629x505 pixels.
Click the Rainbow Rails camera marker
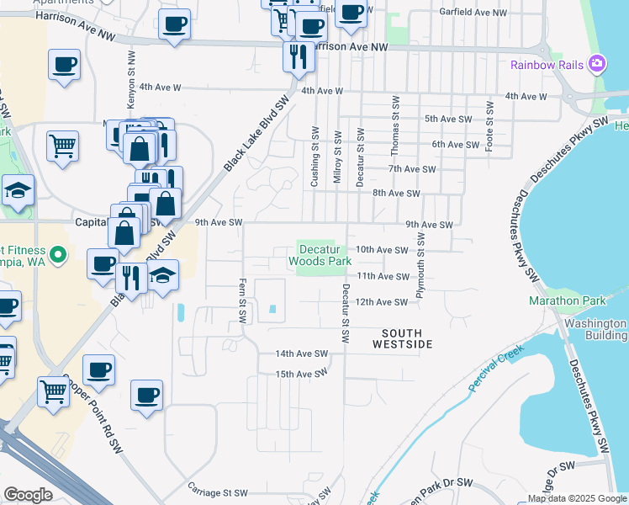597,63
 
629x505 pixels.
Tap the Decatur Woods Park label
320,256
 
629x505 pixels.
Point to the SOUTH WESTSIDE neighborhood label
402,339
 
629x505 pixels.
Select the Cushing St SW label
315,157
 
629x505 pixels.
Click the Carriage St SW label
218,492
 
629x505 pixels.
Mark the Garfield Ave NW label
473,13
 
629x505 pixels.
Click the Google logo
28,495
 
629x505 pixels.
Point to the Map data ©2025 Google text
576,498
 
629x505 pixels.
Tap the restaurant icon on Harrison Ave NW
297,56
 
